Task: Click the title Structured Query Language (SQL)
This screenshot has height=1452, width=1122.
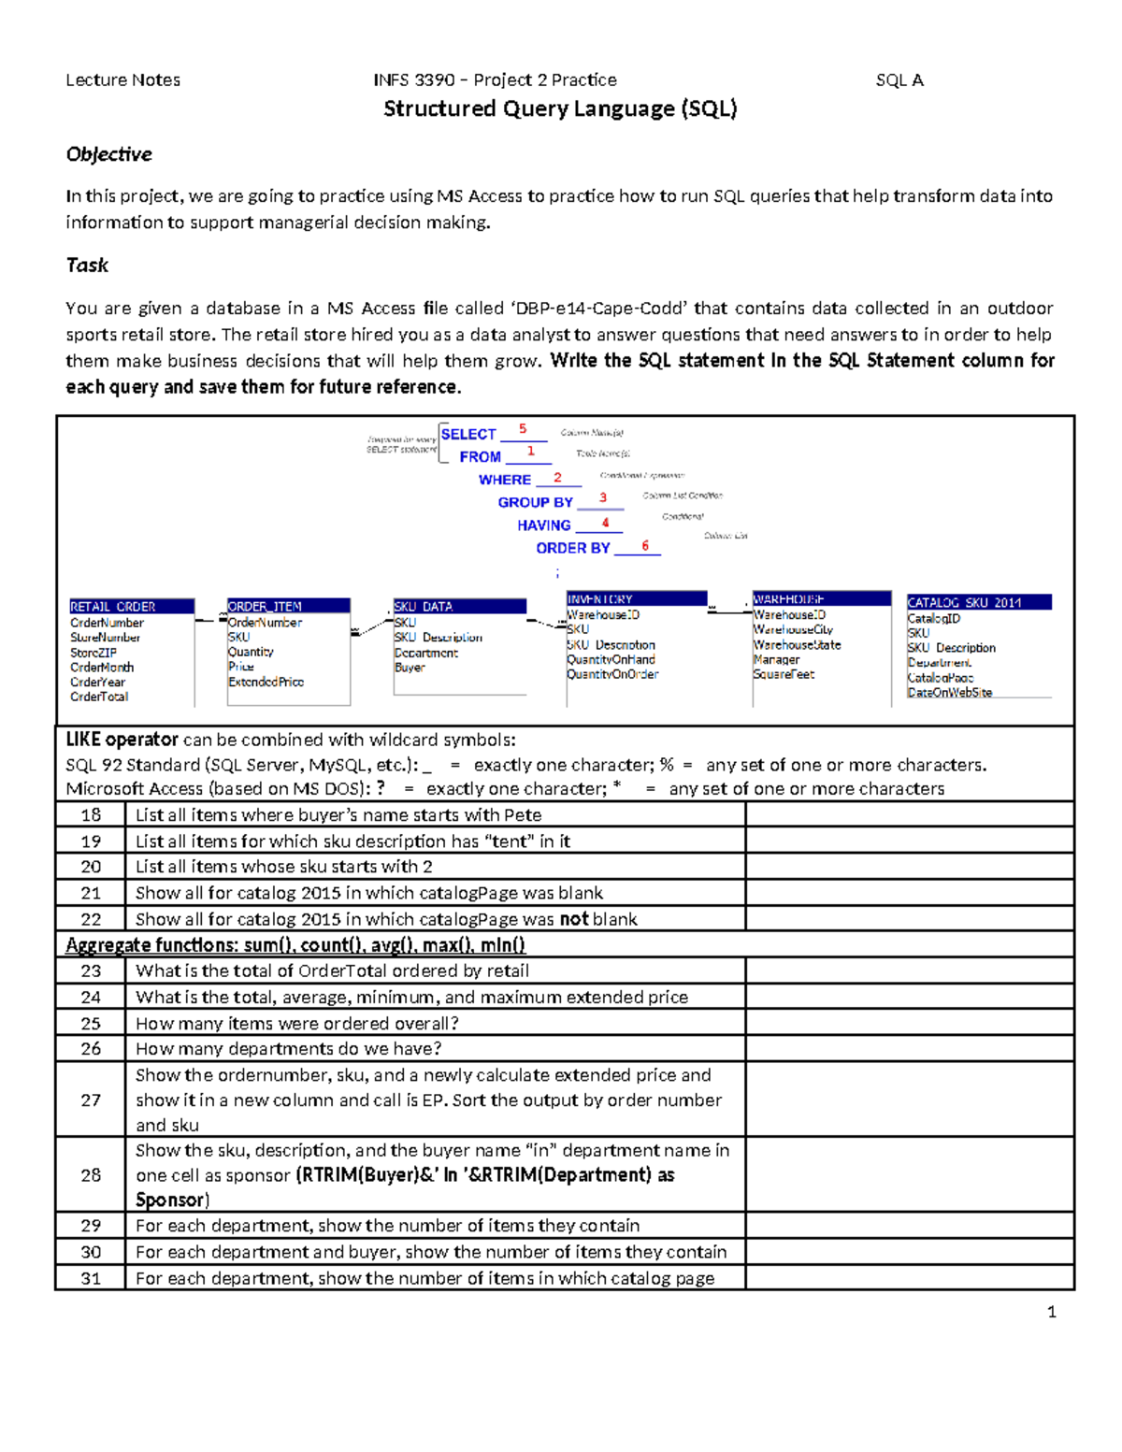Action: click(560, 109)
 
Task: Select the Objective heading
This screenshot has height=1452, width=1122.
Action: click(108, 154)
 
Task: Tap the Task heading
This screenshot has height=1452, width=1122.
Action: click(87, 266)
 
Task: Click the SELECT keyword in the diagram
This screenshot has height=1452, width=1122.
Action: click(468, 434)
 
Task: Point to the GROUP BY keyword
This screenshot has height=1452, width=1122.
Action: click(535, 502)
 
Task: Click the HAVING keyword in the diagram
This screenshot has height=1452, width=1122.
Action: click(543, 525)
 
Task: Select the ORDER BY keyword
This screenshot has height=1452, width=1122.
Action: click(572, 548)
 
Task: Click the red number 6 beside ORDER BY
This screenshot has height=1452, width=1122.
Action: click(645, 546)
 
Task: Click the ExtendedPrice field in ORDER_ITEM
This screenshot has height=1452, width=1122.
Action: click(266, 682)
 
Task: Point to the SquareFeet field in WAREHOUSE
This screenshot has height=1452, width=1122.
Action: click(784, 674)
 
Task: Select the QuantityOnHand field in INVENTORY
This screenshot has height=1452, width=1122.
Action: click(611, 659)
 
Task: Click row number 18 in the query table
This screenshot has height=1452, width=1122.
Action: click(91, 815)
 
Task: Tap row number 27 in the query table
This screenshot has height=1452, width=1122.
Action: click(91, 1100)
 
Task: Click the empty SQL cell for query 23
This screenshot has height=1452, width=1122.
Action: click(909, 970)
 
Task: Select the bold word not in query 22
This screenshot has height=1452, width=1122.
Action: click(574, 919)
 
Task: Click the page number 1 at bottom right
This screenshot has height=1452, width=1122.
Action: click(1052, 1312)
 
